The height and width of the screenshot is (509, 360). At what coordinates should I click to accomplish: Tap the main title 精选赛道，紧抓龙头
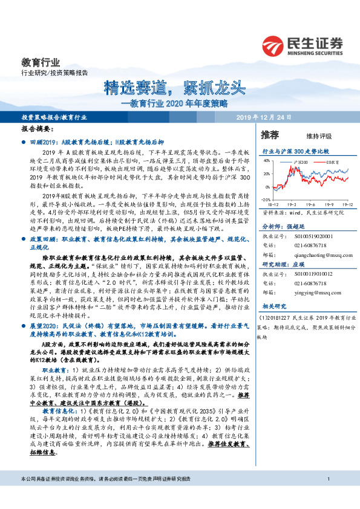pos(174,88)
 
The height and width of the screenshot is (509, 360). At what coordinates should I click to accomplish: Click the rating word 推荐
pos(270,134)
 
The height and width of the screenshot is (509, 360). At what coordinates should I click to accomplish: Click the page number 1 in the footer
pos(327,497)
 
